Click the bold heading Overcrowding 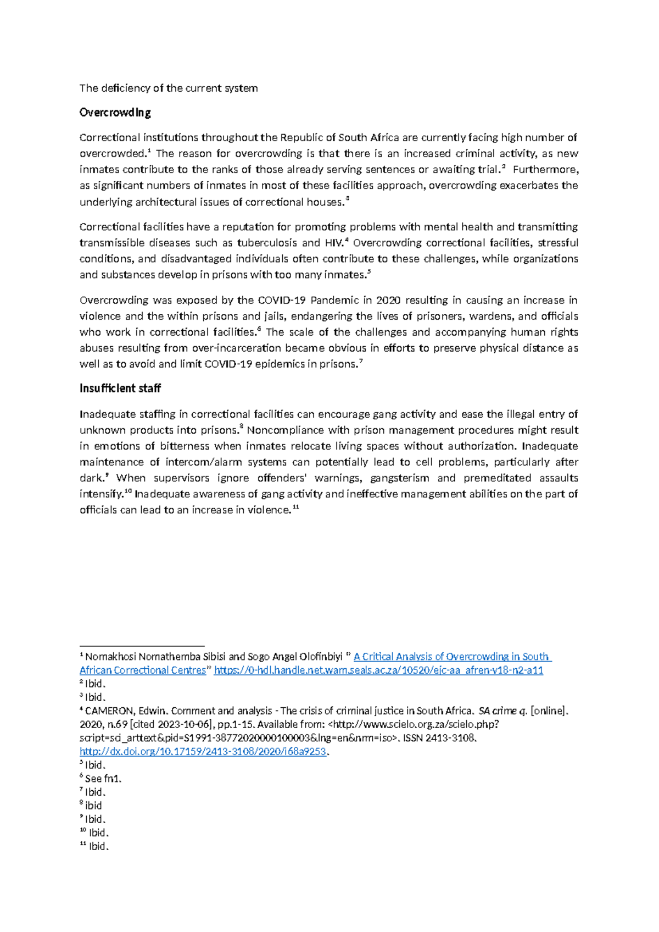(115, 113)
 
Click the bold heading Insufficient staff (120, 389)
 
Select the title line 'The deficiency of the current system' (168, 88)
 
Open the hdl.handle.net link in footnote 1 (378, 670)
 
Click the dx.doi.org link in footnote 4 (203, 751)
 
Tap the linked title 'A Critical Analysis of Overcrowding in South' (451, 657)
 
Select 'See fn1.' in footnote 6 (103, 779)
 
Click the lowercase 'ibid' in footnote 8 (93, 806)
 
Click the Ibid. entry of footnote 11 (98, 846)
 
